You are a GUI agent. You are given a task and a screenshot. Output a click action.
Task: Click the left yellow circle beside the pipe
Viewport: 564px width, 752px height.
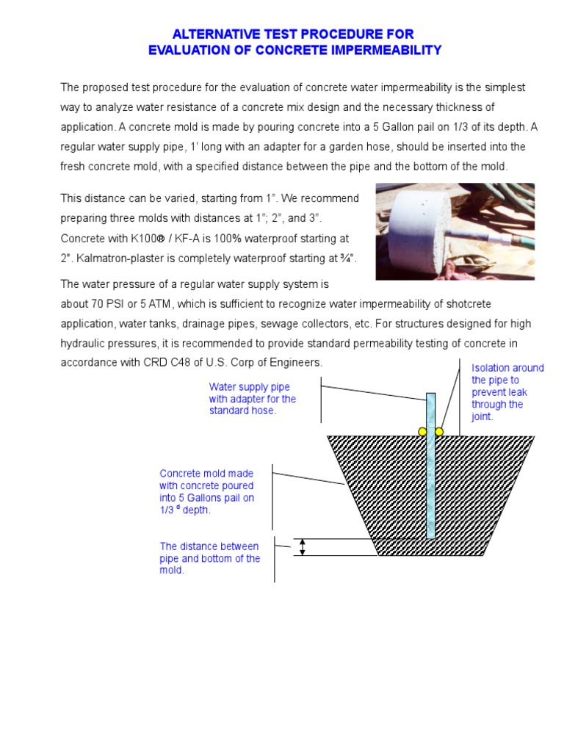coord(422,432)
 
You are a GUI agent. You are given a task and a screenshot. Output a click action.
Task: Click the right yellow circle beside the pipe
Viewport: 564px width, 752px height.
coord(439,432)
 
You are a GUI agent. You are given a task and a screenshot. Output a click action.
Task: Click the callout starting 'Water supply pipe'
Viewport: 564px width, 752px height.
coord(253,399)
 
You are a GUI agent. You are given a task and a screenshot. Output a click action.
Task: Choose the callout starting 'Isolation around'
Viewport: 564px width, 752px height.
coord(507,392)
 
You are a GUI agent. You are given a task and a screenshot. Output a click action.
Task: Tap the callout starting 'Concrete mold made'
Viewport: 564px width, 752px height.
coord(207,492)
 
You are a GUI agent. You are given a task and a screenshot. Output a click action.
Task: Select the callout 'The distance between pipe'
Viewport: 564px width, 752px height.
coord(210,558)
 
